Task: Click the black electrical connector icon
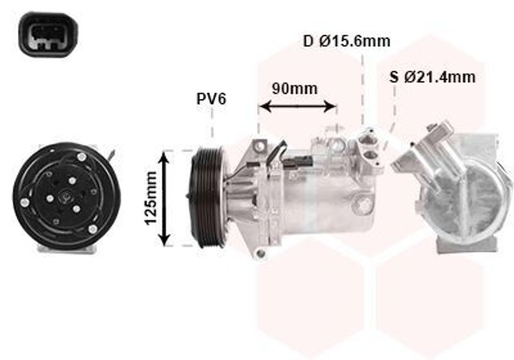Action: pos(48,34)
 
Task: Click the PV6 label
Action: pos(211,99)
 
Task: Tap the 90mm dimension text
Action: pos(295,88)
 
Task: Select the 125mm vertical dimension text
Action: pos(151,199)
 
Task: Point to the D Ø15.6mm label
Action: pos(346,41)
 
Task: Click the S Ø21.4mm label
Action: pos(432,77)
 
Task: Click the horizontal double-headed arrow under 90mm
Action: pos(298,106)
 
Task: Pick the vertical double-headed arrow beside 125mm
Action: pos(164,199)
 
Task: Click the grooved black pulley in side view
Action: pos(207,198)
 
